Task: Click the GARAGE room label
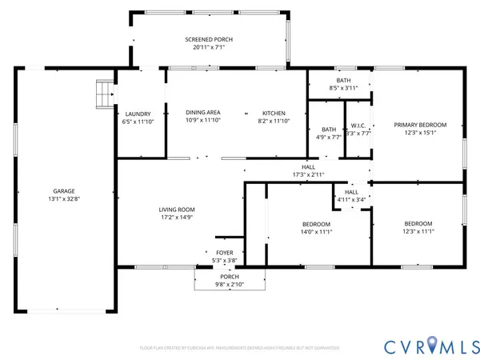[x=65, y=190]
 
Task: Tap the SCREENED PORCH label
[x=209, y=39]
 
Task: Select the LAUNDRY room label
[x=138, y=113]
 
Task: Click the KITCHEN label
[x=272, y=113]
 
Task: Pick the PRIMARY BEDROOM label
[x=419, y=125]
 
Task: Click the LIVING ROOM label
[x=178, y=210]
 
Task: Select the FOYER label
[x=225, y=252]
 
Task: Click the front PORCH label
[x=230, y=276]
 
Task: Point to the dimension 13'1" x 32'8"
[x=65, y=198]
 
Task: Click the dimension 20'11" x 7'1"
[x=209, y=47]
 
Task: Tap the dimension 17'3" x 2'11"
[x=308, y=174]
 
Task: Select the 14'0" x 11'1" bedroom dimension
[x=316, y=232]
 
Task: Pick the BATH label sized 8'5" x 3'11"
[x=343, y=80]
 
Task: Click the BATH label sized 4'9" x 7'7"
[x=329, y=129]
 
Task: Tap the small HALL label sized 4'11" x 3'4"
[x=351, y=192]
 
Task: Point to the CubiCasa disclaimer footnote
[x=239, y=348]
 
